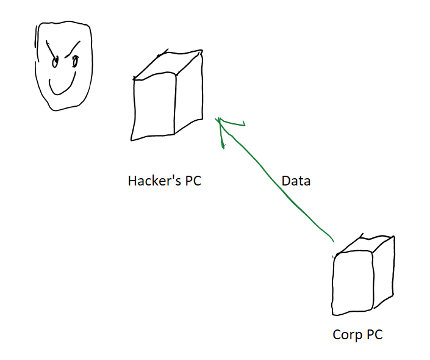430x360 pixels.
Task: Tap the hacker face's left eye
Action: [x=54, y=61]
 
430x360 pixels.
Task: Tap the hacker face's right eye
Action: [x=76, y=60]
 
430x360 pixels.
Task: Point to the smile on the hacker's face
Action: [x=60, y=88]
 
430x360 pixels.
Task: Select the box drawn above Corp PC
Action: [x=364, y=275]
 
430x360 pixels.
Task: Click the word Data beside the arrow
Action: [x=296, y=181]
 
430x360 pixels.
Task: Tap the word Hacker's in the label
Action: [x=152, y=181]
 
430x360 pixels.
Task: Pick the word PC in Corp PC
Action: [x=374, y=335]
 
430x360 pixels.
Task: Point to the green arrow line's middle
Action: [x=274, y=181]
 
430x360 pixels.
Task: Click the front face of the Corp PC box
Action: [x=352, y=284]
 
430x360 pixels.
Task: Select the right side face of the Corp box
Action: [x=383, y=272]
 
